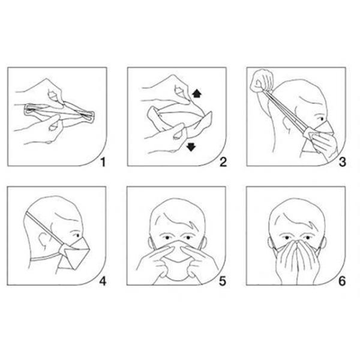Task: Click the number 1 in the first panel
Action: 103,162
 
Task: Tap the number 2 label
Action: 223,162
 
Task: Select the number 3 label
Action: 343,162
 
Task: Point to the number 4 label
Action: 103,281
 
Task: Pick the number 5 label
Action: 223,281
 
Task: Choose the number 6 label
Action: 342,281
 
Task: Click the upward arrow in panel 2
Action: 197,94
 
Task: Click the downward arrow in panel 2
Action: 191,147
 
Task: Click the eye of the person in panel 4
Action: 77,235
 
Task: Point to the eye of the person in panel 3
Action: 320,119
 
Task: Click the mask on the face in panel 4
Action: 74,253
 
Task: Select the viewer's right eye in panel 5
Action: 188,237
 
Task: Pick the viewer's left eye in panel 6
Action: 287,238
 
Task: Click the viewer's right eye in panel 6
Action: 307,238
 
